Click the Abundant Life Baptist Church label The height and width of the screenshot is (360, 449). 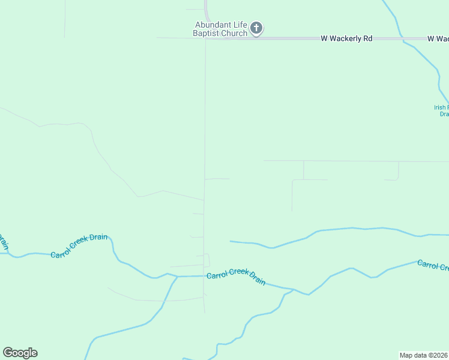(x=220, y=29)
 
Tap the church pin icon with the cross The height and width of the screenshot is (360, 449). (x=256, y=28)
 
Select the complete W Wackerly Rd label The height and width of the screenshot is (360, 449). (x=346, y=38)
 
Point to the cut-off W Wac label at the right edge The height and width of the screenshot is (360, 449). (x=438, y=38)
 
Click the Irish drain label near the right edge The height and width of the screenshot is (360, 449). (x=441, y=110)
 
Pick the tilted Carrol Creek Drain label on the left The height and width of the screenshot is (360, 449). (x=79, y=245)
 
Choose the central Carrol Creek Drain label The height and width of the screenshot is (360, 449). (x=236, y=278)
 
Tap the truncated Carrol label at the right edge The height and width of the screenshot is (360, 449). (x=432, y=265)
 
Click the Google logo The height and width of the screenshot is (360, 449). (x=20, y=353)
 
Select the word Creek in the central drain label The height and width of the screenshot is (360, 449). (x=237, y=278)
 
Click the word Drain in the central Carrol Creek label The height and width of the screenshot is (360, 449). (x=257, y=281)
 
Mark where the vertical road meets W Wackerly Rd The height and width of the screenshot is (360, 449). (x=206, y=38)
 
